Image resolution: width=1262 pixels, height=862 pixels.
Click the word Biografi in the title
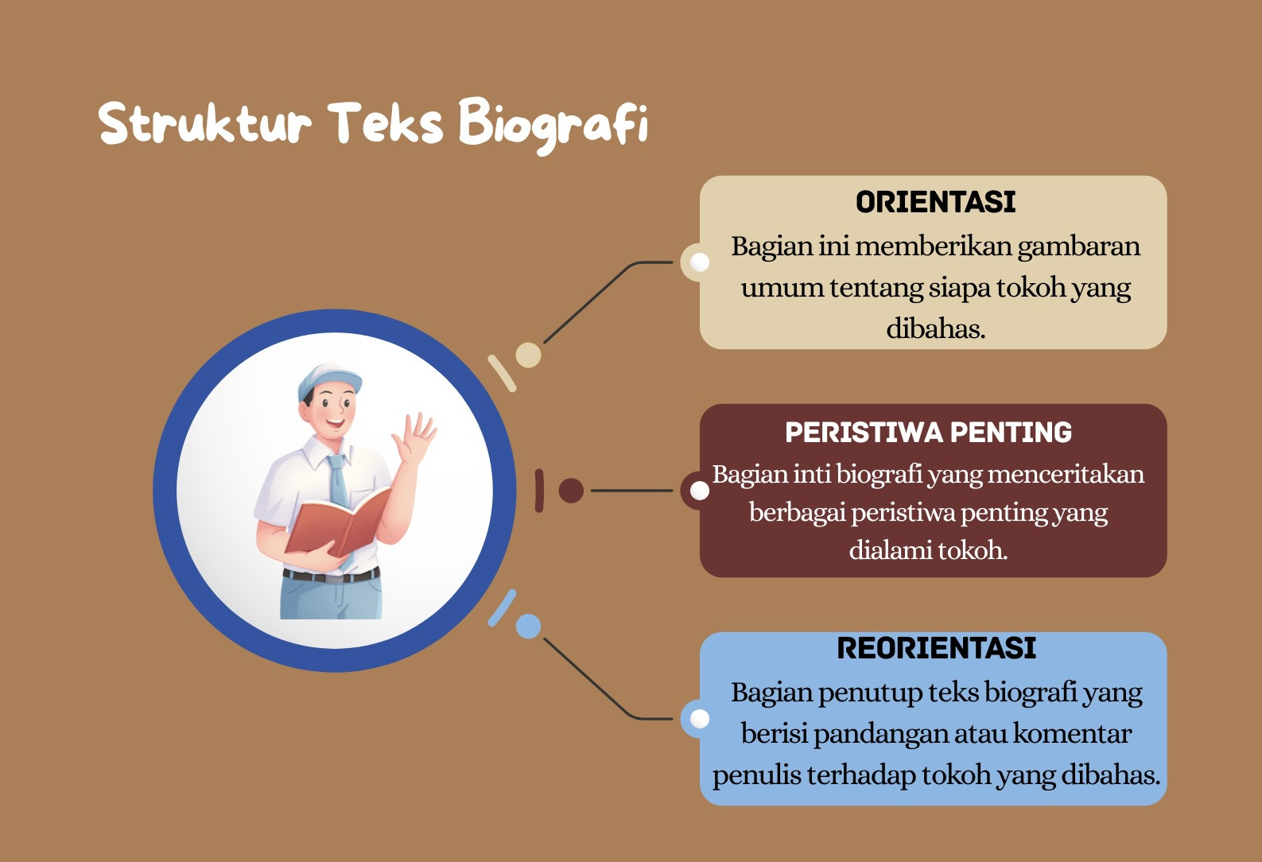553,124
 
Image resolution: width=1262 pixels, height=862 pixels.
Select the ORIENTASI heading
935,202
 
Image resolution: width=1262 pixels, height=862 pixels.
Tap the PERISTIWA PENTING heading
928,433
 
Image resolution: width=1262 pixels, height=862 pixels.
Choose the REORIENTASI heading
936,648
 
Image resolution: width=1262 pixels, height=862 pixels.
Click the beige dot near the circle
528,355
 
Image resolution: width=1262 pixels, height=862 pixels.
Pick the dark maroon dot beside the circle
571,491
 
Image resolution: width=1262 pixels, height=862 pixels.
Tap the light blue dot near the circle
528,626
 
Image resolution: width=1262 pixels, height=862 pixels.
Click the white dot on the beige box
700,262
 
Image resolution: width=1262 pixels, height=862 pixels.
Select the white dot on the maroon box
700,491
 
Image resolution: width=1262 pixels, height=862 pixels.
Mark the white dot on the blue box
700,719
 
